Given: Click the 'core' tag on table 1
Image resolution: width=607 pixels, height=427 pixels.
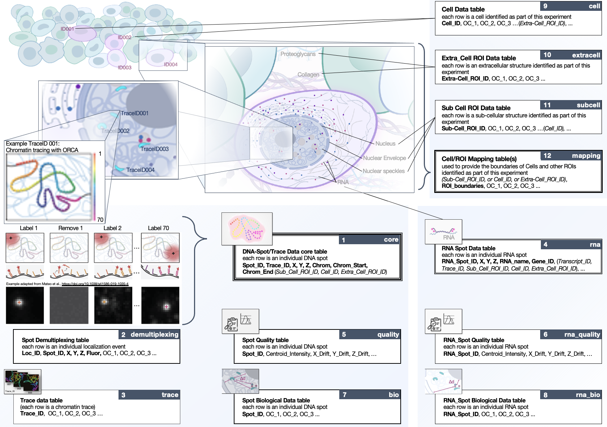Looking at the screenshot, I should point(391,240).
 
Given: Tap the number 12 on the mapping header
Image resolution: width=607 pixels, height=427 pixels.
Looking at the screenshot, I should point(547,156).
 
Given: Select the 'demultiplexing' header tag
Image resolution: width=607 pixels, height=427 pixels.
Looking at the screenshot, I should point(154,335).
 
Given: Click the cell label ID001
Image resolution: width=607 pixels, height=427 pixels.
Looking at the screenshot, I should point(67,29).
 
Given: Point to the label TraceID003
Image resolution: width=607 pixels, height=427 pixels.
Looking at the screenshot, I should point(154,149).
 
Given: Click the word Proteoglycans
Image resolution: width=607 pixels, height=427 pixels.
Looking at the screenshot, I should point(298,54).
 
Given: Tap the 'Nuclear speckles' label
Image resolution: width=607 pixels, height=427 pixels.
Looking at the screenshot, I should point(383,171).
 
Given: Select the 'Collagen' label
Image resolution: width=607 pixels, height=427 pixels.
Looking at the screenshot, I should point(308,74).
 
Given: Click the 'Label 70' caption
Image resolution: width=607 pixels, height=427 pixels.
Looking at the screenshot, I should point(158,228).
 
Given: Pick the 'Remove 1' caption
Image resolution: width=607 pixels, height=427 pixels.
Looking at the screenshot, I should point(70,228).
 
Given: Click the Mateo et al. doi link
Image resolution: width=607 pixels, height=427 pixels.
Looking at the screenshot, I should point(95,284).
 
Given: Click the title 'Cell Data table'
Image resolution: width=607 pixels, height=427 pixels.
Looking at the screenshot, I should point(463,9).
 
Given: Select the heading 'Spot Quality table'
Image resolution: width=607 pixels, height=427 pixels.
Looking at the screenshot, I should point(265,340).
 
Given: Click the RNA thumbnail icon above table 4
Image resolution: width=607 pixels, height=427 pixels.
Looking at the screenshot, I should point(443,232).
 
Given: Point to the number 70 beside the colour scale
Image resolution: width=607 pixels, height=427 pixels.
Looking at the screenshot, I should point(100,220).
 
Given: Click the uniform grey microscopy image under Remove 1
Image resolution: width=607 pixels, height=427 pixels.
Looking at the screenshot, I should point(69,305).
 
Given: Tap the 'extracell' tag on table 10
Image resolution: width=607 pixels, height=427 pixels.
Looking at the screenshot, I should point(586,55).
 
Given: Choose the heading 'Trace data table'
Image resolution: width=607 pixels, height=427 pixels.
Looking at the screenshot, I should point(41,400).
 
